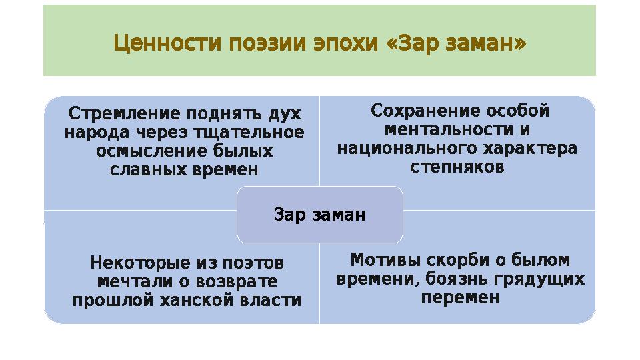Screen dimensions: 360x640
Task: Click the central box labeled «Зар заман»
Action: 320,215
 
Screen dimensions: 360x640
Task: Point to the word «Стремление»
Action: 124,113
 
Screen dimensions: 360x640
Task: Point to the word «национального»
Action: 399,148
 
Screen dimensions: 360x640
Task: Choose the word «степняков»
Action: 457,167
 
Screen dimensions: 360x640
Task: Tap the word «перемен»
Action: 460,297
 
